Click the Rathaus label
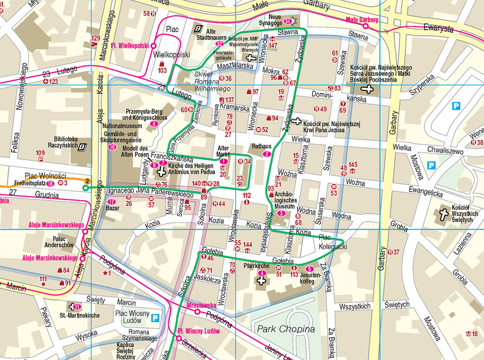(261, 147)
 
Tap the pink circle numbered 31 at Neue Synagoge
(288, 22)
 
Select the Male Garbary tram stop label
(362, 20)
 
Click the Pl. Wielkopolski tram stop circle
(153, 46)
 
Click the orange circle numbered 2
(87, 181)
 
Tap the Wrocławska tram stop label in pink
(202, 305)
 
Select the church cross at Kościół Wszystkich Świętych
(444, 215)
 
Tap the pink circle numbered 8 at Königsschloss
(153, 124)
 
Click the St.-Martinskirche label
(79, 315)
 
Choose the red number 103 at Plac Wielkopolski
(162, 70)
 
